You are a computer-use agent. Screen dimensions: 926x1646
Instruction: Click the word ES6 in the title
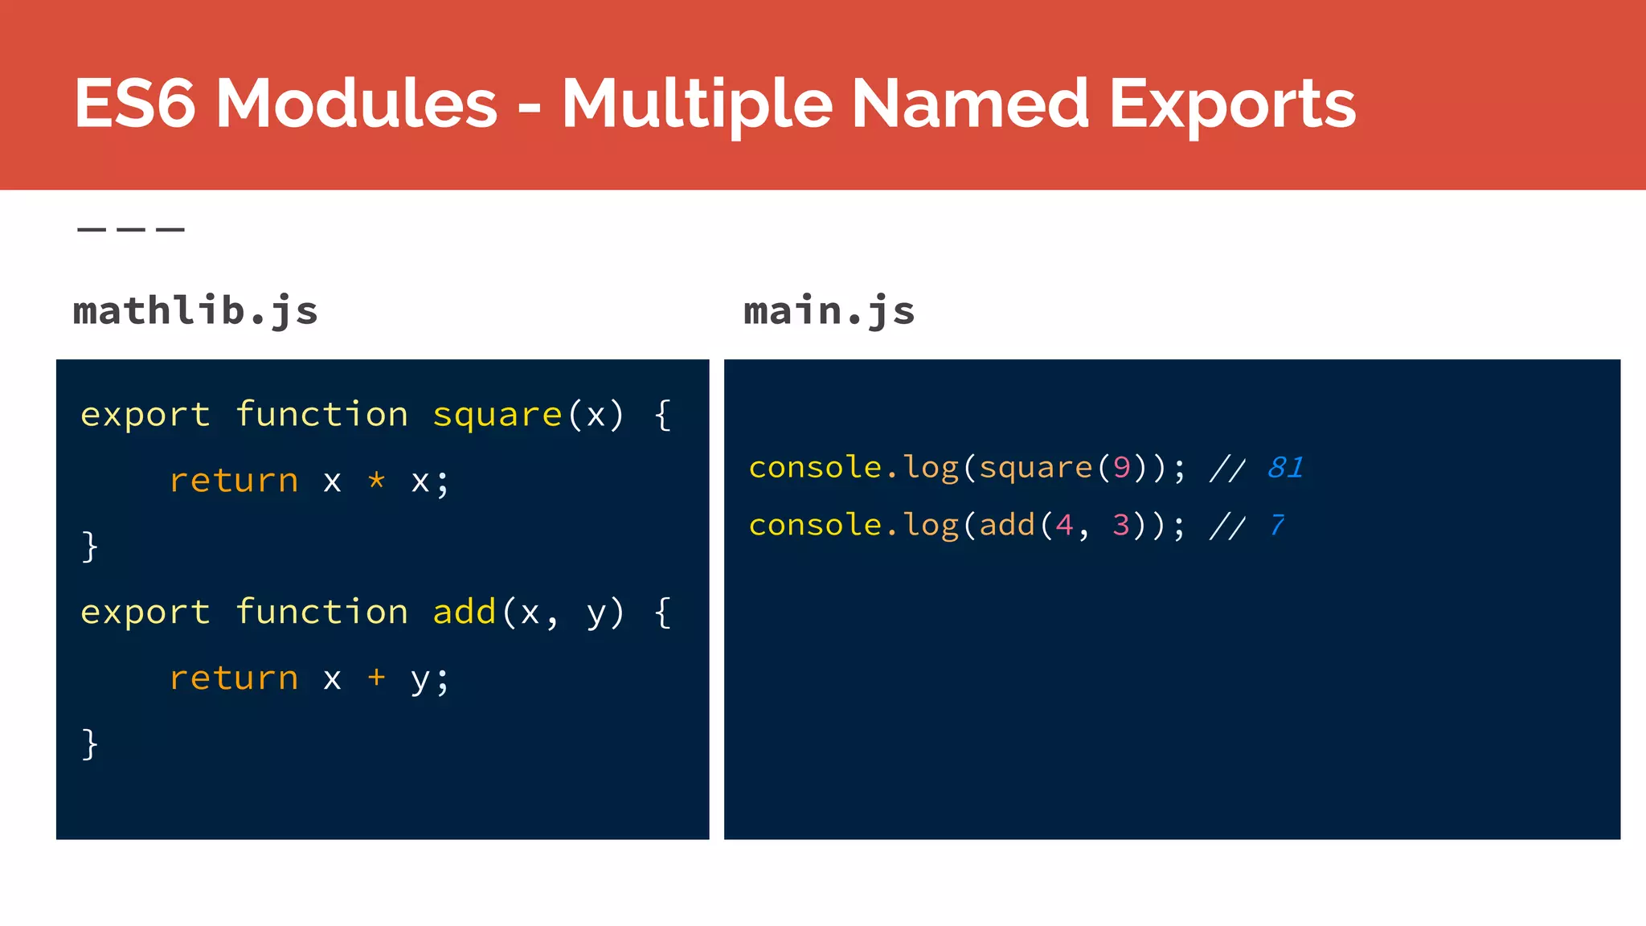(134, 104)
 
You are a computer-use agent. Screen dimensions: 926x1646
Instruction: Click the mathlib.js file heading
(195, 311)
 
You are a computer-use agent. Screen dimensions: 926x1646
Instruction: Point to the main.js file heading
(829, 311)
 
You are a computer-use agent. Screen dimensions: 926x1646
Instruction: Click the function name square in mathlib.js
(497, 415)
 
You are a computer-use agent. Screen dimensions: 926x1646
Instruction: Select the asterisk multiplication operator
(376, 481)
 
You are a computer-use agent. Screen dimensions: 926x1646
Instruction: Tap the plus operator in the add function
(376, 678)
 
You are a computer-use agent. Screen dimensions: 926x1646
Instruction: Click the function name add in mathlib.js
(465, 613)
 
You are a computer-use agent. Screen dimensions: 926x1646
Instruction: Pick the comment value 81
(1284, 467)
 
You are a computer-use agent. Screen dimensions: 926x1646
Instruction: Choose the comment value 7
(1276, 525)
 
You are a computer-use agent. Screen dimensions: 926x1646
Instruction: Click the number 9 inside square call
(1121, 467)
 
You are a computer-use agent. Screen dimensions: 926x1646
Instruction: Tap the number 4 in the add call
(1064, 525)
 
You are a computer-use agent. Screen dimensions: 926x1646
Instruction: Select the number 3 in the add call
(1121, 525)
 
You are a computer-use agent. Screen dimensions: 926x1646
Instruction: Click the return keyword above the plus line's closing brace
(234, 678)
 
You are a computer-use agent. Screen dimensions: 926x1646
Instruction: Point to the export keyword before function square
(145, 416)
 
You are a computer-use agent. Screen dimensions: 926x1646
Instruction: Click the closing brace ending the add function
(90, 744)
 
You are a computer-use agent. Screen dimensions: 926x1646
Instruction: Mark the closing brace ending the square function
(90, 547)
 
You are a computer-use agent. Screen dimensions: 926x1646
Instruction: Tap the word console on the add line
(815, 525)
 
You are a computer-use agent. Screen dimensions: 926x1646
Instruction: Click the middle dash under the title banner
(131, 230)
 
